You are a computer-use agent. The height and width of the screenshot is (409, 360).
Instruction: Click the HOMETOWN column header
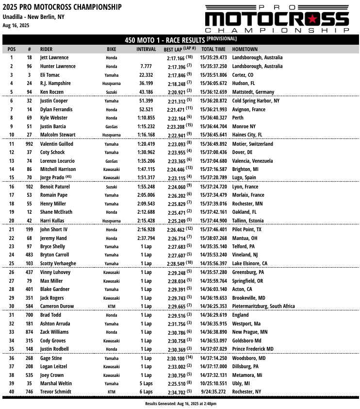pos(245,50)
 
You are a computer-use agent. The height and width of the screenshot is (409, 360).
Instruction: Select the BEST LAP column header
pos(180,50)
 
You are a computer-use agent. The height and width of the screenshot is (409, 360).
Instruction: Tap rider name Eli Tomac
pos(49,75)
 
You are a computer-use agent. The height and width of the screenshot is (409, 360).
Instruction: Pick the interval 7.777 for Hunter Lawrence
pos(146,66)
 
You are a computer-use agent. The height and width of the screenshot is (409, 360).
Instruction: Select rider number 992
pos(30,144)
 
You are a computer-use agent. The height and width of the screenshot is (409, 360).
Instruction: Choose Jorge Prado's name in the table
pos(52,178)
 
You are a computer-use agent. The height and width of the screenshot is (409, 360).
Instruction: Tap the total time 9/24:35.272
pos(213,392)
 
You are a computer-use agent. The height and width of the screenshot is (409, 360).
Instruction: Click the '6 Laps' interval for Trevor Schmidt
pos(146,392)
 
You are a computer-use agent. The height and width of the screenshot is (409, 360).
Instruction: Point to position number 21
pos(12,229)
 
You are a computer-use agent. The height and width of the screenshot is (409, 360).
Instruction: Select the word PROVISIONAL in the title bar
pos(222,39)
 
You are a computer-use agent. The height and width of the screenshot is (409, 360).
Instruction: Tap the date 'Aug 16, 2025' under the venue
pos(16,25)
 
